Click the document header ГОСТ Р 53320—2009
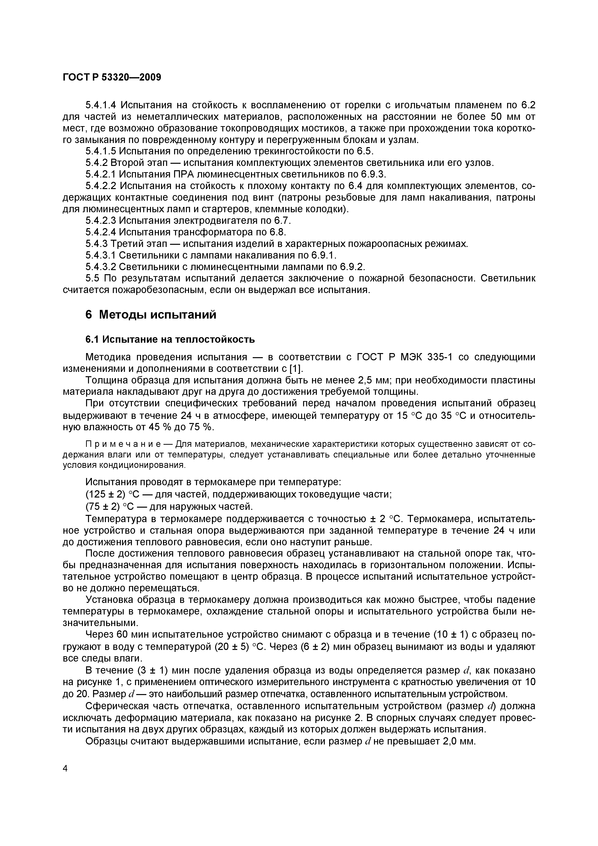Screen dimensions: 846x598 coord(112,77)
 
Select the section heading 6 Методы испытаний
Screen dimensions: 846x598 coord(151,315)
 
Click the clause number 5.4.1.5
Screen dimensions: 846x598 coord(101,151)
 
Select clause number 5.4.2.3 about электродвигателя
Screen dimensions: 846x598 coord(101,220)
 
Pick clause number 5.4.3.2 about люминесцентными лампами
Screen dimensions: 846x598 coord(101,266)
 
